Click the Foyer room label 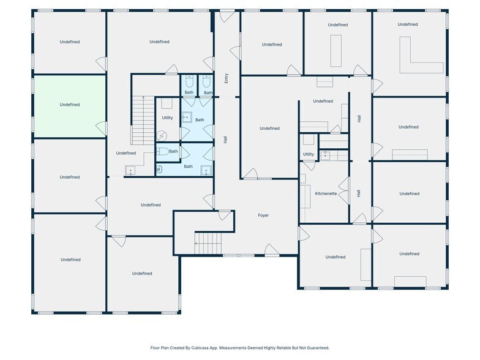pos(263,216)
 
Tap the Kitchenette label pos(326,193)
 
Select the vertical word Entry pos(227,78)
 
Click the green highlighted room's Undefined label pos(70,105)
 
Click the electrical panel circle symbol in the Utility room pos(162,137)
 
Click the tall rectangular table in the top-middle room pos(336,51)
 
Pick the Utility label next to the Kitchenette pos(309,154)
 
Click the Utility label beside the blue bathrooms pos(167,118)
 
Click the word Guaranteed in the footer pos(317,347)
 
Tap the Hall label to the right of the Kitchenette pos(359,193)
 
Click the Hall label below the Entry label pos(226,140)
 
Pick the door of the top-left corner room pos(101,63)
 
